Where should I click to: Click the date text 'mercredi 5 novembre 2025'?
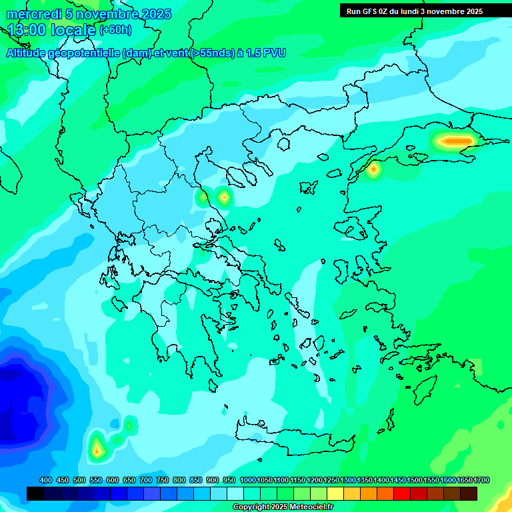(x=88, y=14)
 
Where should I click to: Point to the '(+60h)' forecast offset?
(x=115, y=30)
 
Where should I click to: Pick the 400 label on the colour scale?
(x=46, y=480)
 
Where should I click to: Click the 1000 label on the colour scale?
(x=247, y=480)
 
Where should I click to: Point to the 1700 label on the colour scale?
(x=481, y=480)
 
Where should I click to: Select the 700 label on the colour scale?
(x=146, y=480)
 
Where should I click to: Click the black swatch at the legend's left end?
(x=35, y=493)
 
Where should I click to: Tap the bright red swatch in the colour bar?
(x=402, y=493)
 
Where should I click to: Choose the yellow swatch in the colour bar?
(x=335, y=493)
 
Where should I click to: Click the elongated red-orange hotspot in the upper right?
(x=455, y=141)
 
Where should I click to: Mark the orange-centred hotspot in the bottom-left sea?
(x=97, y=450)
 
